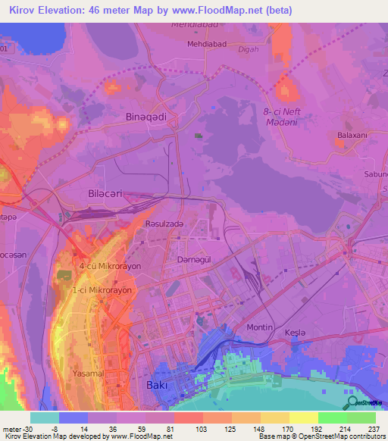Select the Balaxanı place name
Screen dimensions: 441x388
click(352, 136)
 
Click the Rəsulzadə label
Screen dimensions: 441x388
click(164, 224)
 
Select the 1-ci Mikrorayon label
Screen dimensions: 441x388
click(102, 289)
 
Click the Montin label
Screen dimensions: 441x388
click(260, 327)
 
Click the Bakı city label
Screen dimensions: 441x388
click(156, 385)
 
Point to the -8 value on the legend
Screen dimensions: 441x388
click(45, 429)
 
